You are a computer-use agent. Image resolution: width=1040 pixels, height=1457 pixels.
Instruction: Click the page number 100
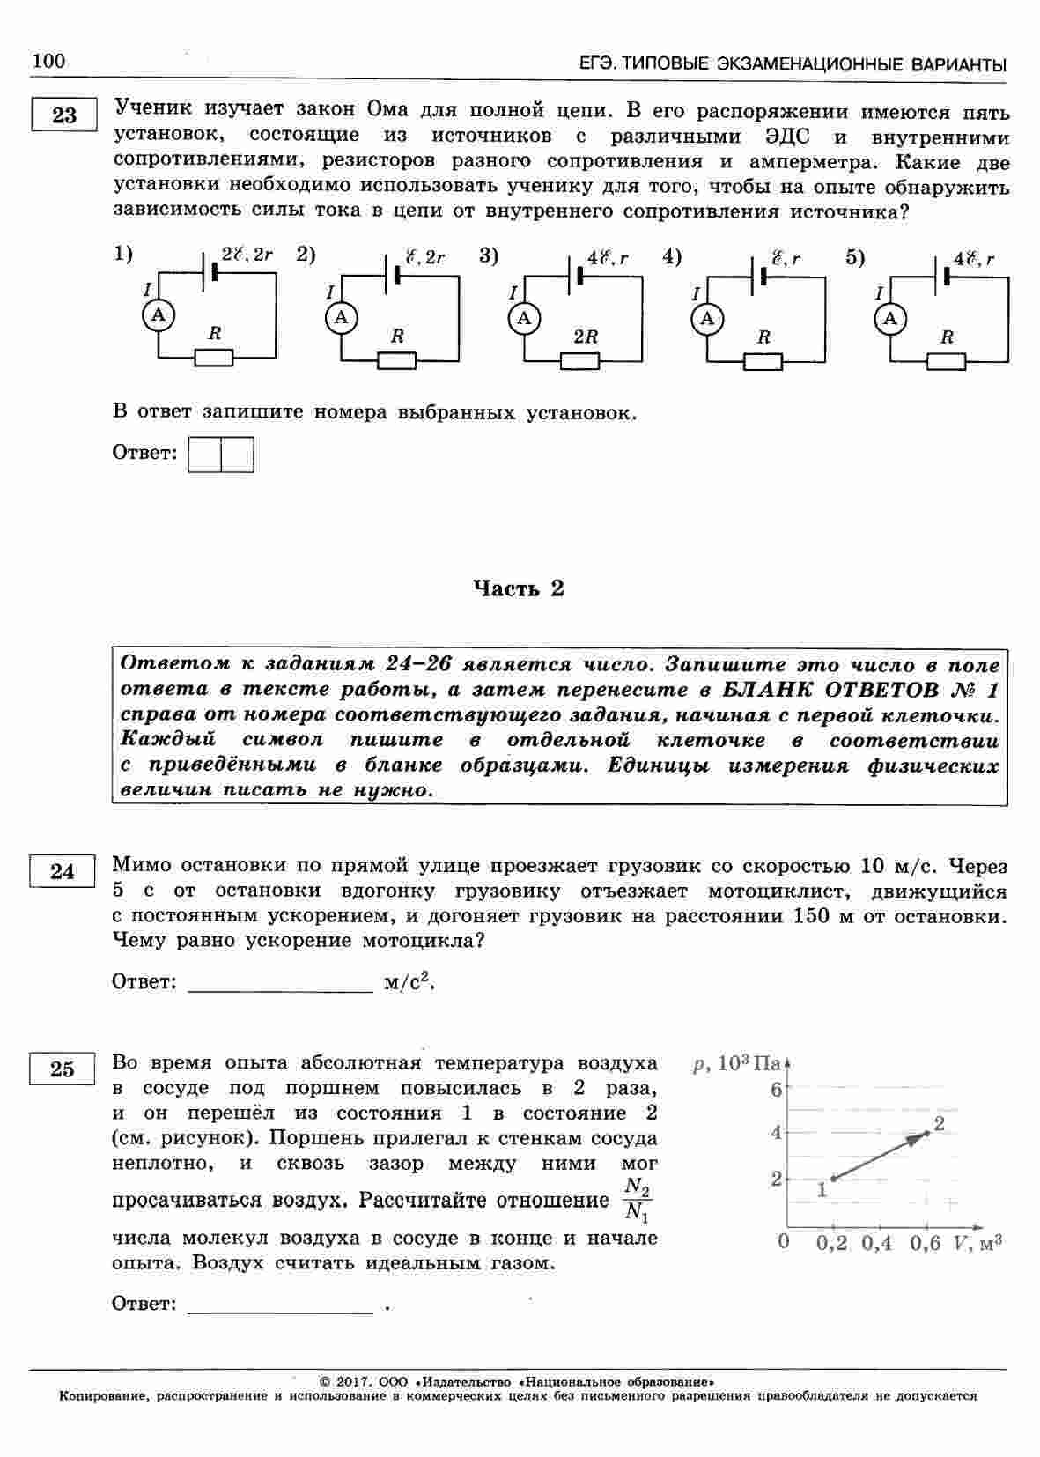(x=48, y=61)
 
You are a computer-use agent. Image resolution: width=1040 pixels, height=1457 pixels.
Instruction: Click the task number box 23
(x=63, y=115)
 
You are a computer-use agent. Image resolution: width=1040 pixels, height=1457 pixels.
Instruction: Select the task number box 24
(x=63, y=871)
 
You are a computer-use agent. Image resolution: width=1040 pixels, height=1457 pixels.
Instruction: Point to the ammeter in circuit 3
(x=525, y=318)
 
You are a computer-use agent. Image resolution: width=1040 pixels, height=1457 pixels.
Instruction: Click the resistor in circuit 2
(x=396, y=359)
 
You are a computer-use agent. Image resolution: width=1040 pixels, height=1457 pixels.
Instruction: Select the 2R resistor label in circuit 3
(x=586, y=337)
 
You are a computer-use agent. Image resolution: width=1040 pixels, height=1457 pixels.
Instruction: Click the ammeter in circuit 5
(x=890, y=318)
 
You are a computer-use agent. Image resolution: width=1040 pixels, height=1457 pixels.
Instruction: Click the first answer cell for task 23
(x=205, y=455)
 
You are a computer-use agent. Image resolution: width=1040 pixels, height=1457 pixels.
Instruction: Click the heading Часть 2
(x=519, y=588)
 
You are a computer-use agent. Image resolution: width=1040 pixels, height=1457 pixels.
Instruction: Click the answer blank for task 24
(x=281, y=984)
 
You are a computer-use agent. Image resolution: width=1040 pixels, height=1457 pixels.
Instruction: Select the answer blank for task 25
(x=281, y=1305)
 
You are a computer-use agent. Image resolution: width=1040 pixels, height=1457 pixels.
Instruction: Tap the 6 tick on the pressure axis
(x=776, y=1090)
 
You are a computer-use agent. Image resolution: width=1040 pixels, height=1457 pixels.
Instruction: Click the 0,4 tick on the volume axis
(x=876, y=1243)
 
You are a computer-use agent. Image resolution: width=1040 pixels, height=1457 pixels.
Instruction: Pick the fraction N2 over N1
(x=637, y=1201)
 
